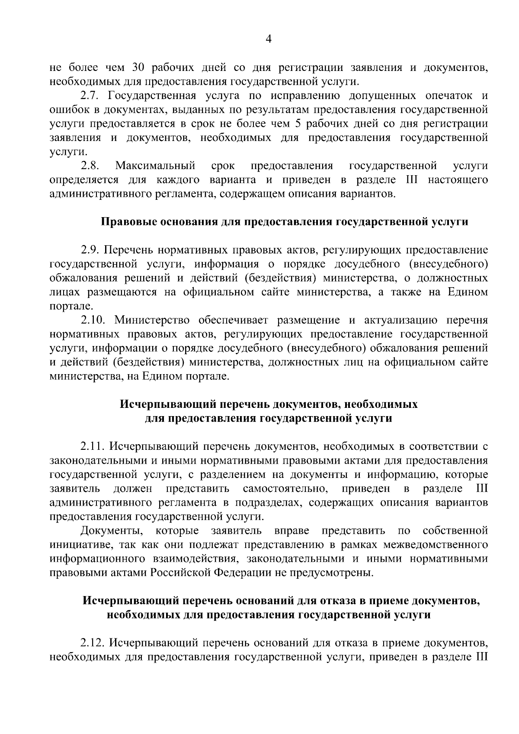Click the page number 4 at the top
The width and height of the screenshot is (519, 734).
(268, 39)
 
